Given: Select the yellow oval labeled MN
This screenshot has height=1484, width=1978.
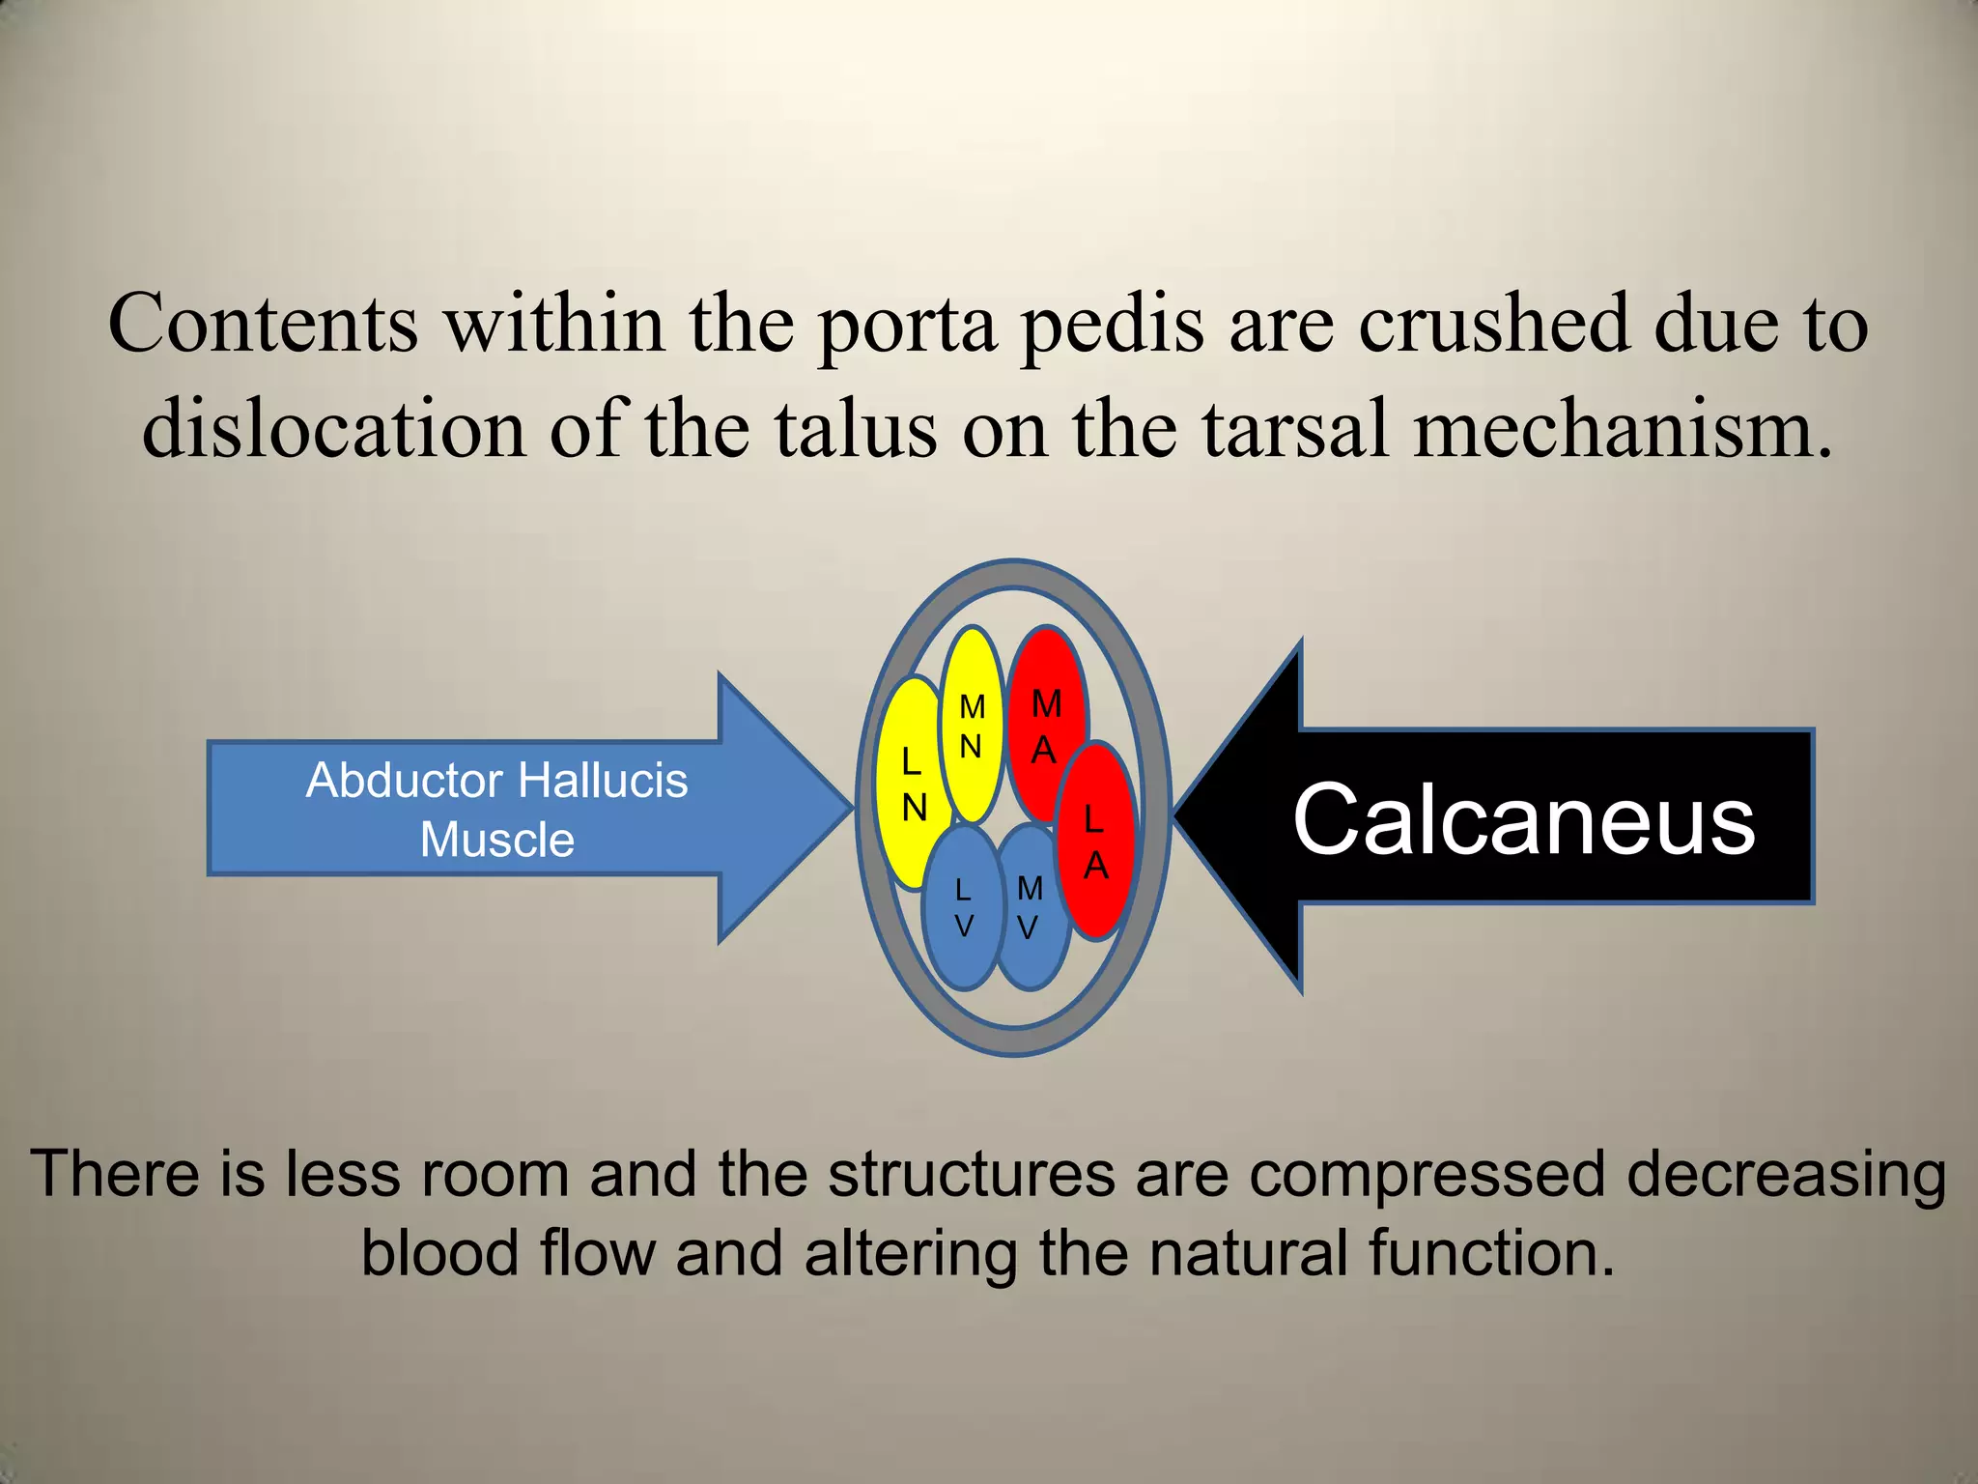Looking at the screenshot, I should coord(972,725).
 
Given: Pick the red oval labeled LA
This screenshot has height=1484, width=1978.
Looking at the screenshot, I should coord(1095,841).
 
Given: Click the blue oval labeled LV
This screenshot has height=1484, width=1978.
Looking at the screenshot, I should coord(963,908).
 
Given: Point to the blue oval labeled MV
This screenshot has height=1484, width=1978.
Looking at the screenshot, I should coord(1030,908).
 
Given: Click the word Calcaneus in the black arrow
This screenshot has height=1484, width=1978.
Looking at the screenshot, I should coord(1524,819).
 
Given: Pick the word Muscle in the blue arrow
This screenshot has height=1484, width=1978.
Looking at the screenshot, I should coord(497,839).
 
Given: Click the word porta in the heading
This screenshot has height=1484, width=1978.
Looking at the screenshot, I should coord(907,325).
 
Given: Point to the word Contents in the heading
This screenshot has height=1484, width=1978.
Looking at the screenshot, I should coord(263,323).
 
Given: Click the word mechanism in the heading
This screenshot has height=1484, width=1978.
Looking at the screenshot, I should coord(1623,429).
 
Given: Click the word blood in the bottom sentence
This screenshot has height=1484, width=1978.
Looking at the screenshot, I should coord(440,1253).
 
